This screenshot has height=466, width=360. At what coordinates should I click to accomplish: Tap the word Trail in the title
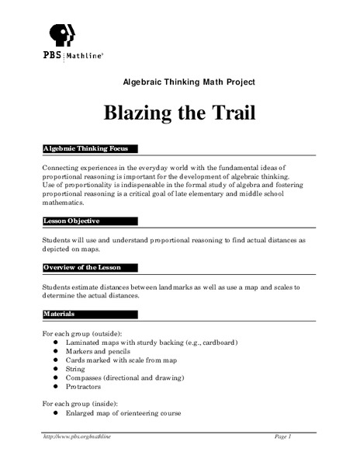(x=232, y=113)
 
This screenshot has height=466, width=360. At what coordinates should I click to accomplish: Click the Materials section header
(x=61, y=315)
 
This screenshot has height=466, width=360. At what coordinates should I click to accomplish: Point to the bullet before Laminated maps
(x=57, y=343)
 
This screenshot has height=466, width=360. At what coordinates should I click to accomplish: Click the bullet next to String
(x=57, y=369)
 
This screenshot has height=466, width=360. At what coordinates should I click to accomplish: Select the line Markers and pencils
(x=102, y=351)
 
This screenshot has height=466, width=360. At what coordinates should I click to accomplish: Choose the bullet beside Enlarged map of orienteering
(x=57, y=413)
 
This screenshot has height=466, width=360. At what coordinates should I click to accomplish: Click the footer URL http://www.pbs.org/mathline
(x=78, y=437)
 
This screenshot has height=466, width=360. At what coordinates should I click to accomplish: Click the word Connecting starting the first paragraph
(x=64, y=168)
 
